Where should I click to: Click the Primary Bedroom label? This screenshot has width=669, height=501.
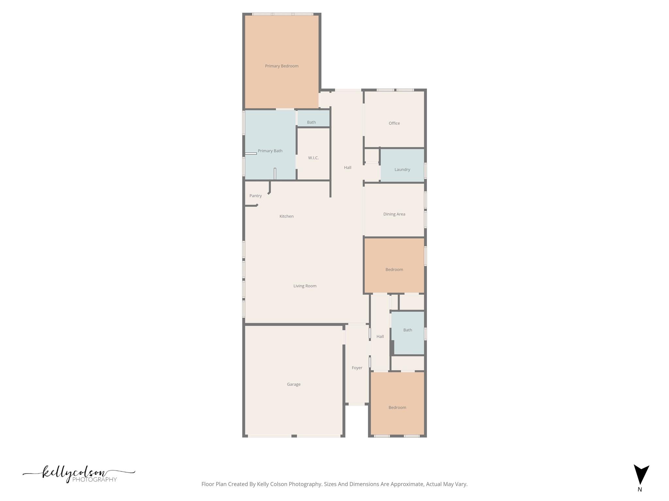(282, 66)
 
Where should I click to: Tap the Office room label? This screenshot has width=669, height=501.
(394, 123)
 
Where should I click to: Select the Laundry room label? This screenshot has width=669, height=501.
(402, 170)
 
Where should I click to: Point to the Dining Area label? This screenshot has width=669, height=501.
(394, 214)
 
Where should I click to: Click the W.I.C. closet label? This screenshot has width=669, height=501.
(313, 158)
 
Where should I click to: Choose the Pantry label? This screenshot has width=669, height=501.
(255, 196)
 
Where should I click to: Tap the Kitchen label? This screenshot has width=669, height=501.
(286, 216)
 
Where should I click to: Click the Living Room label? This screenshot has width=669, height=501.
(305, 286)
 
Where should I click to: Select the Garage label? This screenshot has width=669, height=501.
(294, 384)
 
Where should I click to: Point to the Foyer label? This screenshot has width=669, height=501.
(357, 368)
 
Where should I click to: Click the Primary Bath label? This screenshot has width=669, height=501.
(270, 151)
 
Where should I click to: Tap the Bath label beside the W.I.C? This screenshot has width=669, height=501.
(311, 122)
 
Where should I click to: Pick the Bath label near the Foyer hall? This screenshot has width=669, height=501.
(407, 330)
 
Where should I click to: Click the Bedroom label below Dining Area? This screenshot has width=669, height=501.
(394, 269)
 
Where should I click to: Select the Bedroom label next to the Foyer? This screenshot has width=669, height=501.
(397, 407)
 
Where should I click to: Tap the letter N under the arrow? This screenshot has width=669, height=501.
(640, 490)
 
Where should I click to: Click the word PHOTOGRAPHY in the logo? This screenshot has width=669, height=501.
(94, 479)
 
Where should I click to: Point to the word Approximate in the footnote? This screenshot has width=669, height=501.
(408, 484)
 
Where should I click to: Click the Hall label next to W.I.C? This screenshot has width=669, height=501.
(347, 168)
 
